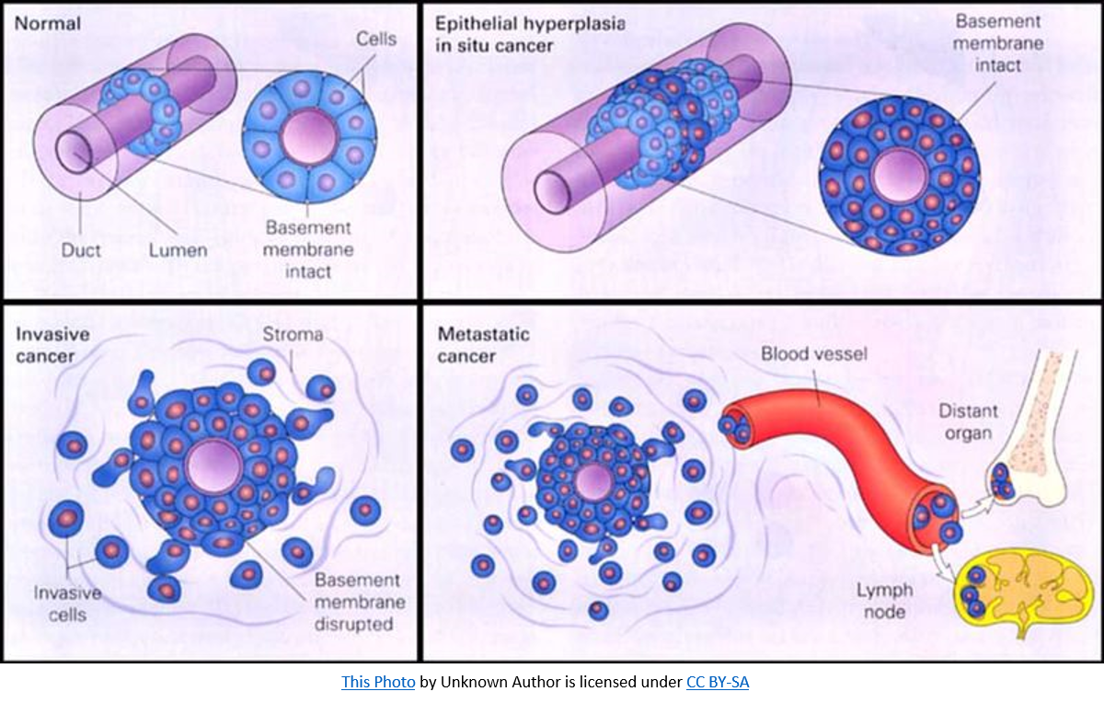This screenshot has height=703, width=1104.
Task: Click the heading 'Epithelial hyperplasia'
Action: point(531,25)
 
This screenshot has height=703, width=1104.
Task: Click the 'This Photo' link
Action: point(378,682)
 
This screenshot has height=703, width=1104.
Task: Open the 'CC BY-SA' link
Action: point(718,682)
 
